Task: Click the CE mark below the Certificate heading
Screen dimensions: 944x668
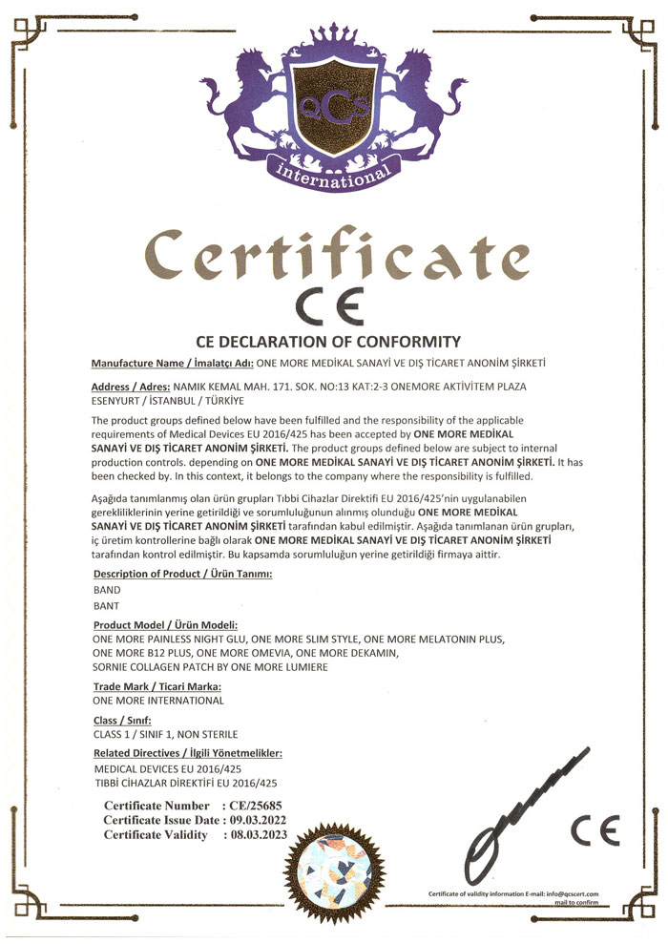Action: click(327, 307)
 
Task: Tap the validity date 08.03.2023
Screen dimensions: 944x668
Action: click(256, 834)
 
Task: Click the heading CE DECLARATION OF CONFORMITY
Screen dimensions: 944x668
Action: click(328, 341)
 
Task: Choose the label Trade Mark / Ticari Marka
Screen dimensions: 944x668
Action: click(157, 686)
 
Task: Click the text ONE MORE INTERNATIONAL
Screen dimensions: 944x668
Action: click(157, 701)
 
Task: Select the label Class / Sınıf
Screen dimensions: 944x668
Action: click(122, 720)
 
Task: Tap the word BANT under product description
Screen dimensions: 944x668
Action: click(106, 605)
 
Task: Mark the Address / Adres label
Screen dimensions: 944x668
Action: click(130, 387)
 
